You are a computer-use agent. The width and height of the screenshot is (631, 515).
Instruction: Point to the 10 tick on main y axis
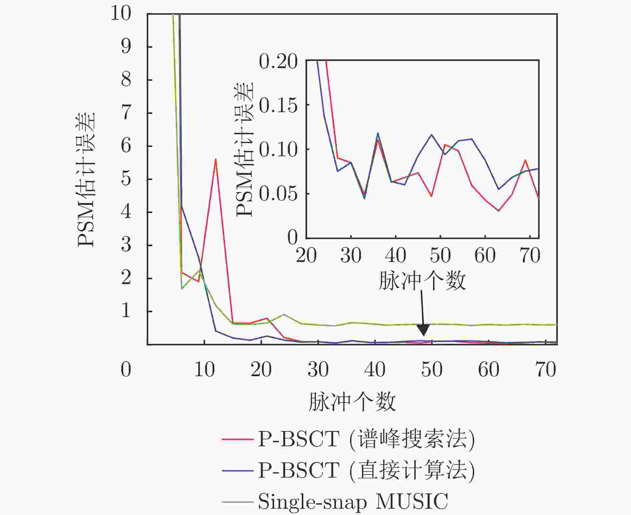121,14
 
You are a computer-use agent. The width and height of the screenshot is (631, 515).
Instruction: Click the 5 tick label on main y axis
126,179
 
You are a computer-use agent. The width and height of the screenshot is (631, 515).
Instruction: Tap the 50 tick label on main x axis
432,370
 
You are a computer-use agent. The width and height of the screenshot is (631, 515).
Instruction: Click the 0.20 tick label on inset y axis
278,62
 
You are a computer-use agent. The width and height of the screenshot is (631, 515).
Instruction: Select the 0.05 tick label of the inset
278,194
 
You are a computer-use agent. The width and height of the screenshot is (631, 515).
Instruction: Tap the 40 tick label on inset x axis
396,256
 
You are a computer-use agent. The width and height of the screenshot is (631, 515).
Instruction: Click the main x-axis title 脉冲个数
352,402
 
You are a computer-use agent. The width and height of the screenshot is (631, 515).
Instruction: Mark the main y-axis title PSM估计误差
86,180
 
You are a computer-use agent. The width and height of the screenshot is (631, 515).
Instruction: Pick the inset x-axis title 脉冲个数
422,281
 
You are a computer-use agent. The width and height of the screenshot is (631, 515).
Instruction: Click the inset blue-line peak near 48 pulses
431,135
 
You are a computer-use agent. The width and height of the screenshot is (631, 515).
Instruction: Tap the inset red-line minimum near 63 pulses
498,211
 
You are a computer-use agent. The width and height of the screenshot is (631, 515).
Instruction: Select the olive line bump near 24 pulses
284,314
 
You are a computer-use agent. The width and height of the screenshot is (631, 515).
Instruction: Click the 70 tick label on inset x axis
530,256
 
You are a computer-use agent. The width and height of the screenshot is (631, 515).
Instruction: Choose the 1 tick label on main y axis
126,311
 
